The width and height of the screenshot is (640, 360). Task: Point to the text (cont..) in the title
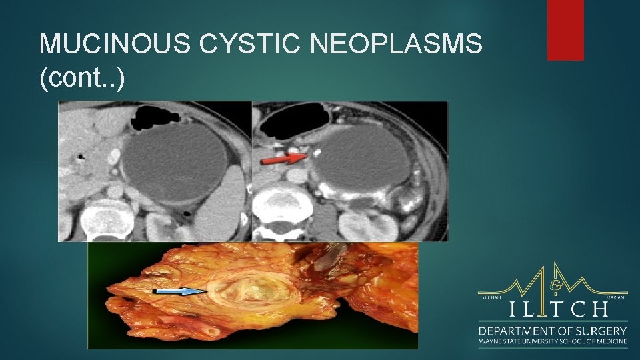point(81,78)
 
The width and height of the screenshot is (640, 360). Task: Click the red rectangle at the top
point(565,30)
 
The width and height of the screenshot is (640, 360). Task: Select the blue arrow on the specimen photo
point(178,291)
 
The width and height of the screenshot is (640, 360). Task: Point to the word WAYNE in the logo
point(489,342)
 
